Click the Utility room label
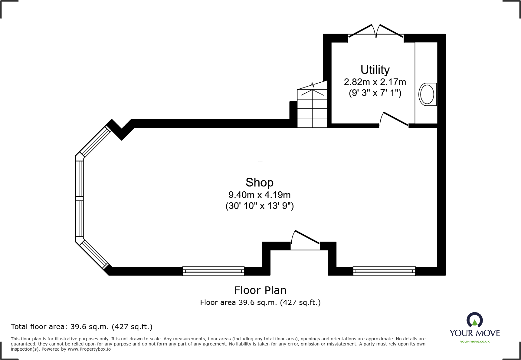375,70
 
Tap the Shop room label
259,183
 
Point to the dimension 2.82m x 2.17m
375,82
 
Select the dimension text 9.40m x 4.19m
259,195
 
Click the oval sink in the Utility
427,94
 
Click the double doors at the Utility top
375,32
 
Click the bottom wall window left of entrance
213,271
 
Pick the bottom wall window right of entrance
384,271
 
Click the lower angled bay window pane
94,254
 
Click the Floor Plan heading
260,290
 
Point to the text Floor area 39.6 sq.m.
260,302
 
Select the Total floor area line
82,327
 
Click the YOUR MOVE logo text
475,333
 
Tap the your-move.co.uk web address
475,342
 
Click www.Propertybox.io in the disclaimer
89,349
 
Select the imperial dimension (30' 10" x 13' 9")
260,206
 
